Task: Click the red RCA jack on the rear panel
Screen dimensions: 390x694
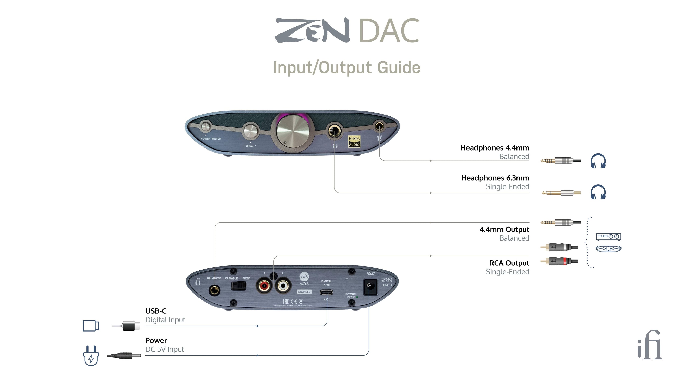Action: click(264, 285)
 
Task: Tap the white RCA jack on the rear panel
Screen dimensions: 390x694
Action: click(283, 285)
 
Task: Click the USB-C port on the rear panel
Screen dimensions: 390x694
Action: click(326, 292)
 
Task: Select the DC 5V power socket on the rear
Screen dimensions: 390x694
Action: click(370, 287)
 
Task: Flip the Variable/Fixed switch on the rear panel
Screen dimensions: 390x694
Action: click(239, 286)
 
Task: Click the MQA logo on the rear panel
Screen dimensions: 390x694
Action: click(304, 278)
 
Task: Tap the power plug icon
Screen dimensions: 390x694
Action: click(91, 355)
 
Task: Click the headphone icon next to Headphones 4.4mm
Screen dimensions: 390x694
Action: click(598, 161)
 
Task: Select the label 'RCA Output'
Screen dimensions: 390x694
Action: click(509, 263)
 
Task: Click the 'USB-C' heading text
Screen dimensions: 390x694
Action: click(156, 311)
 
